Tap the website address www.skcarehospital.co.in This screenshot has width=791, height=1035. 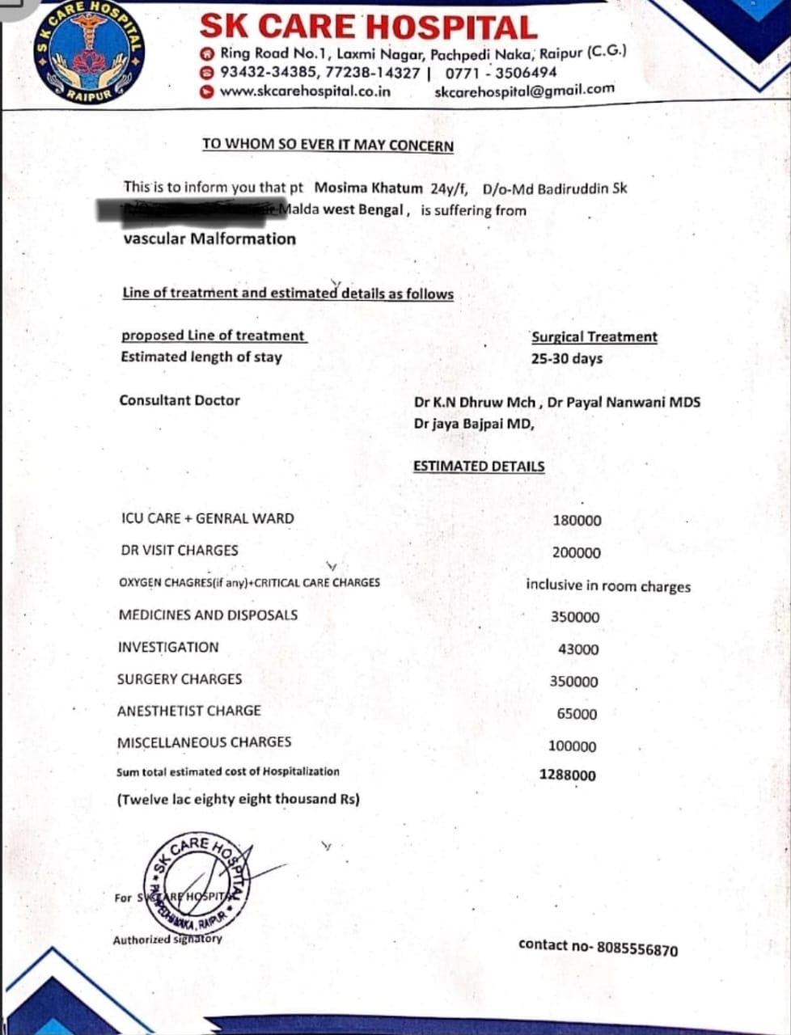pyautogui.click(x=305, y=91)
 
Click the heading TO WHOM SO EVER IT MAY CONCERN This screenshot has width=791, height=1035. pyautogui.click(x=328, y=146)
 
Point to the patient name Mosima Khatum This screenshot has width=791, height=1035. pyautogui.click(x=368, y=188)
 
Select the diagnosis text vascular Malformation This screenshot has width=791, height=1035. pyautogui.click(x=209, y=239)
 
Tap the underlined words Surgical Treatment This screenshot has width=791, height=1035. pyautogui.click(x=594, y=337)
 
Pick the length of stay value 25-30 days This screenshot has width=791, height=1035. pyautogui.click(x=566, y=358)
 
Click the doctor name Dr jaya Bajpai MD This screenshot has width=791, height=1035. pyautogui.click(x=474, y=424)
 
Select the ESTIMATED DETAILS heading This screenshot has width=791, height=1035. pyautogui.click(x=479, y=467)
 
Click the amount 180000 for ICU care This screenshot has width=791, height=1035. pyautogui.click(x=577, y=521)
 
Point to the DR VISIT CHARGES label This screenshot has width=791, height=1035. pyautogui.click(x=180, y=551)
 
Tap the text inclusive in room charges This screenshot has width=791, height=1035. pyautogui.click(x=608, y=585)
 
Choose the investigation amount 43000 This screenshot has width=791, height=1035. pyautogui.click(x=578, y=649)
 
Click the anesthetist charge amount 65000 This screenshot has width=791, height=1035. pyautogui.click(x=577, y=714)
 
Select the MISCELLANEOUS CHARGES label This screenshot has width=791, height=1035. pyautogui.click(x=204, y=742)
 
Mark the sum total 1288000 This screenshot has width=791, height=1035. pyautogui.click(x=567, y=775)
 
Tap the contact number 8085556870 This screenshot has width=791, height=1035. pyautogui.click(x=637, y=949)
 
